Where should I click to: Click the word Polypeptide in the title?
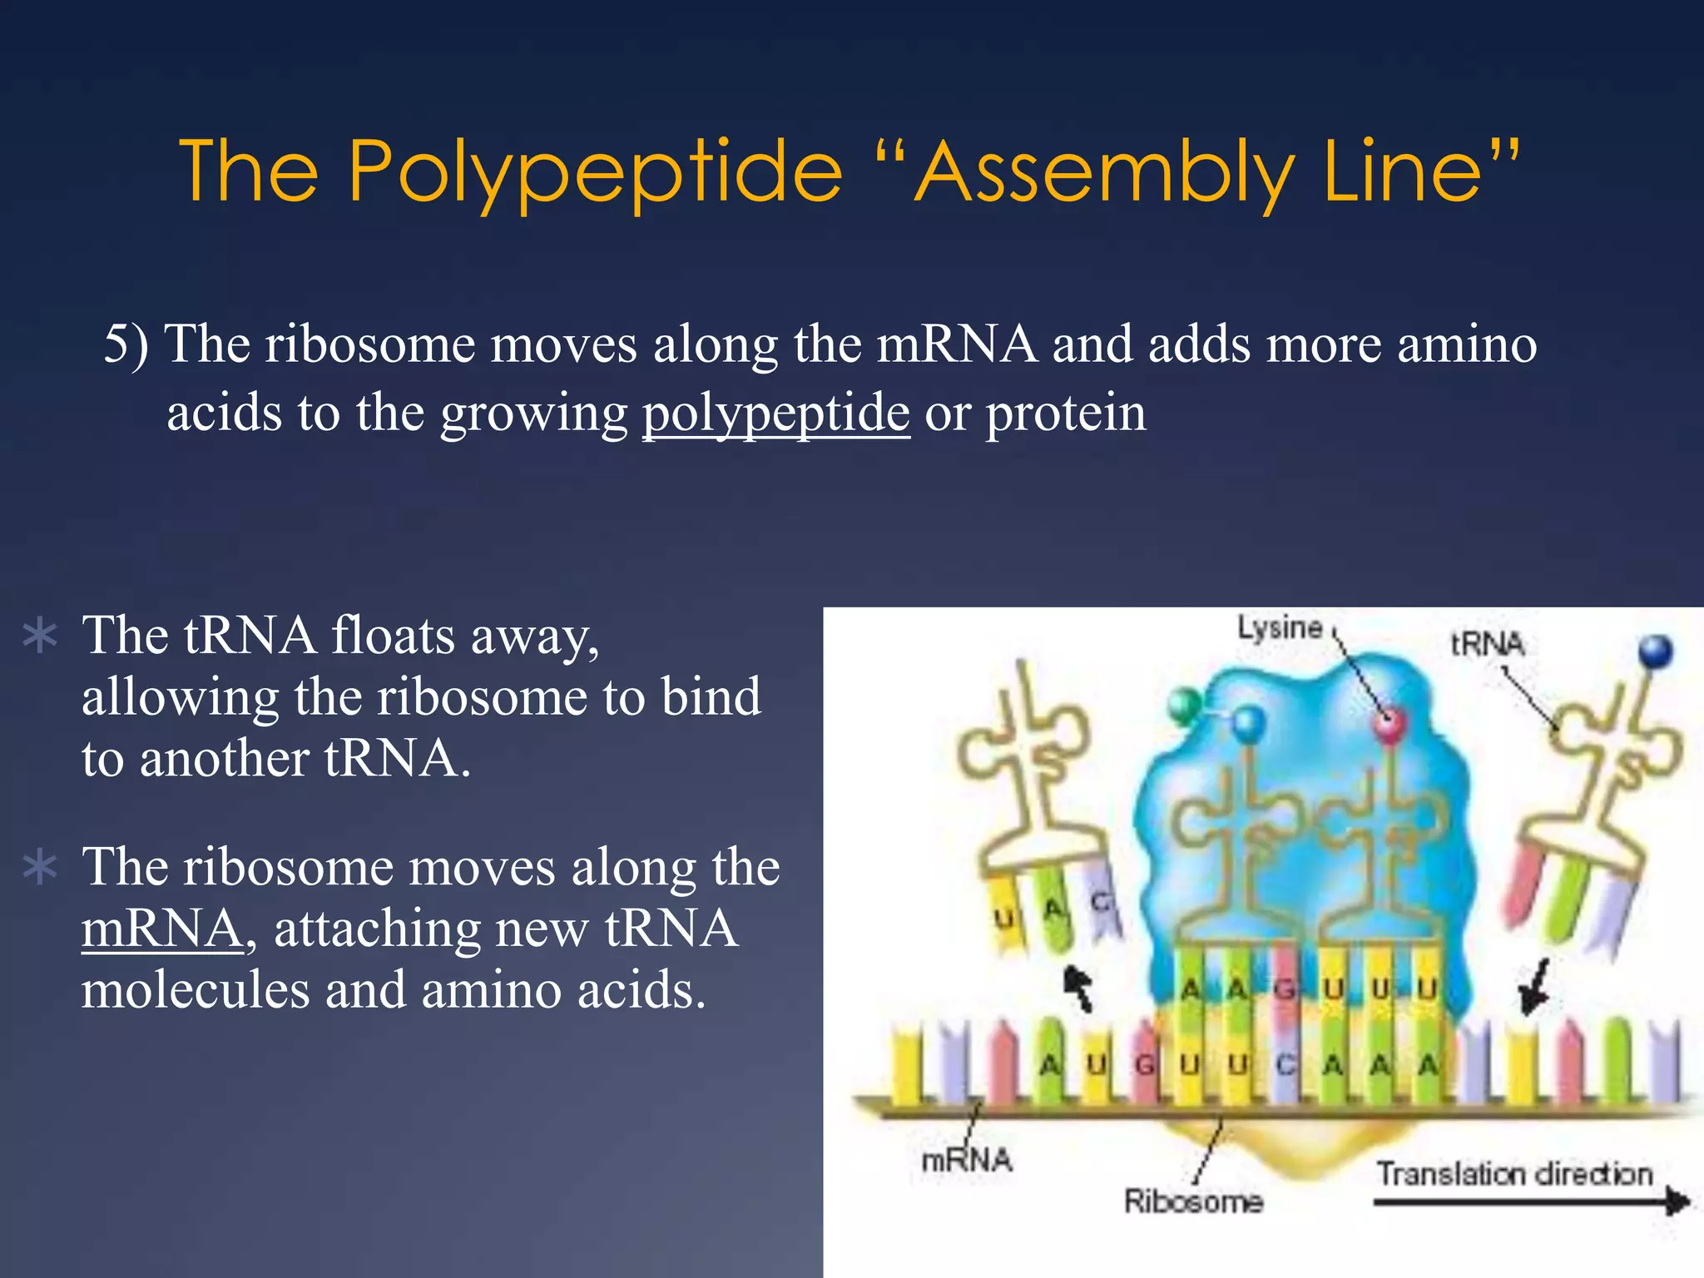click(x=595, y=172)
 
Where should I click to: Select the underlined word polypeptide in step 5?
click(x=775, y=413)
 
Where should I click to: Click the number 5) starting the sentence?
click(x=126, y=344)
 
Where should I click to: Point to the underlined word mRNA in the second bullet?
click(x=162, y=929)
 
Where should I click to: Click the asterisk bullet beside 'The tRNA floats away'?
click(x=40, y=637)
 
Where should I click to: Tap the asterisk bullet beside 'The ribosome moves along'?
click(x=40, y=868)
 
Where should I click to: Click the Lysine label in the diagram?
click(x=1279, y=627)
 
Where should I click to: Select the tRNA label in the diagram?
click(x=1487, y=643)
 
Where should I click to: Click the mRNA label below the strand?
click(x=966, y=1159)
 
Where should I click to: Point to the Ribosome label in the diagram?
click(x=1193, y=1201)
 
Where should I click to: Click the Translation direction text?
click(x=1513, y=1173)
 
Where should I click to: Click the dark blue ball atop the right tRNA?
click(x=1655, y=651)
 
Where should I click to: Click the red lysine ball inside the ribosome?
click(x=1389, y=724)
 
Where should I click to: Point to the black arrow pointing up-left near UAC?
click(x=1079, y=987)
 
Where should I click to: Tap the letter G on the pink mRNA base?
click(x=1145, y=1064)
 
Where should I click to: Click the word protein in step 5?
click(x=1066, y=413)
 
